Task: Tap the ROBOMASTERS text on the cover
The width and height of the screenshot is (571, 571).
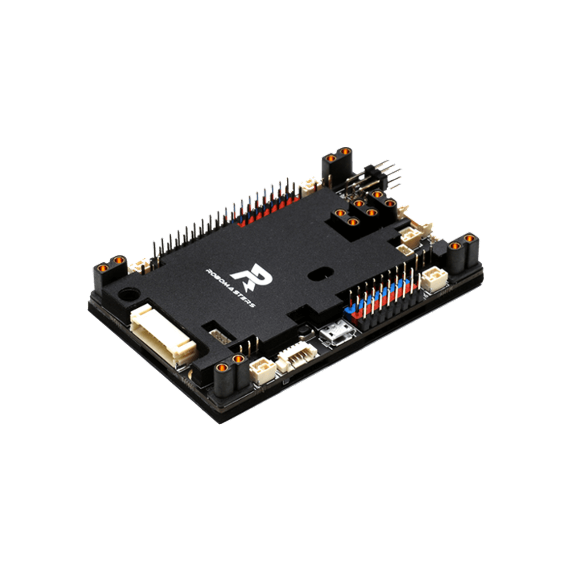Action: (229, 287)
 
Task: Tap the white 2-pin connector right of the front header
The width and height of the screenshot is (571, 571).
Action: (432, 280)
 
